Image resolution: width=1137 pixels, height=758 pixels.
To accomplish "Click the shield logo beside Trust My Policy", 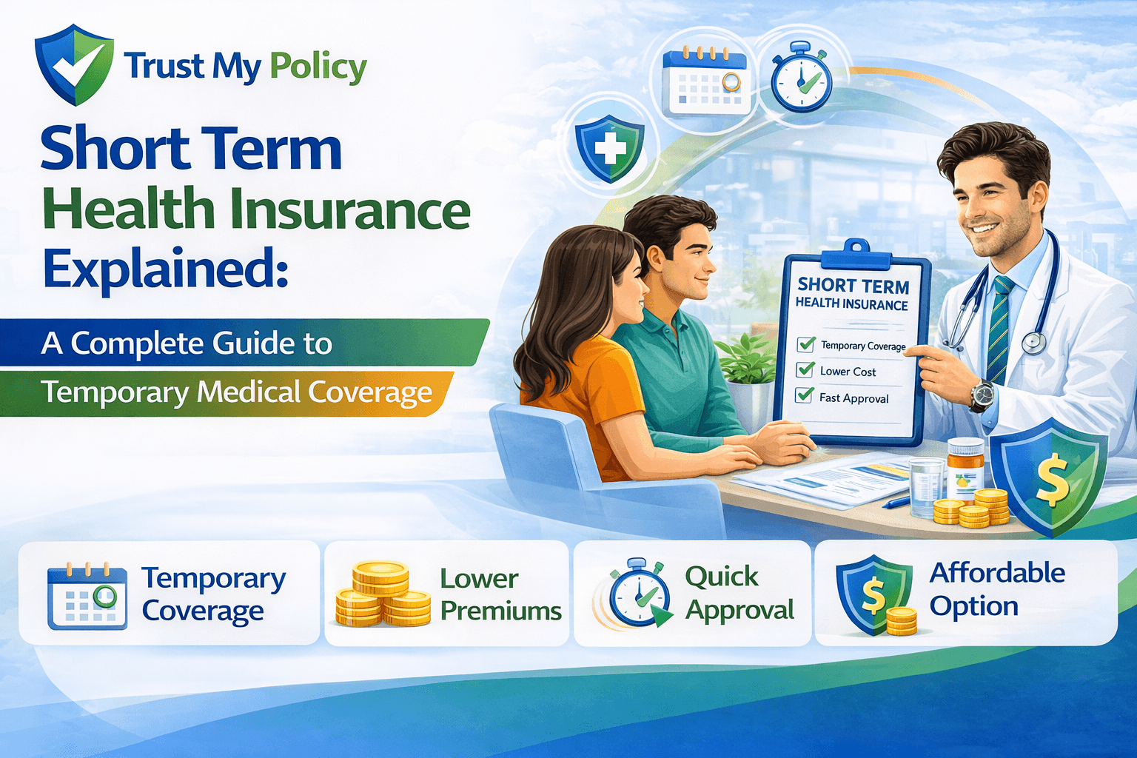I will tap(74, 64).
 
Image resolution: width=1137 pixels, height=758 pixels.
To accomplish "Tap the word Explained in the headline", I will tap(164, 269).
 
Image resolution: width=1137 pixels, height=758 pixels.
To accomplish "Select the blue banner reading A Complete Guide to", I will tap(187, 343).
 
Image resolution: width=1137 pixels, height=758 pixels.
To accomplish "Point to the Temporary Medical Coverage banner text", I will tap(236, 392).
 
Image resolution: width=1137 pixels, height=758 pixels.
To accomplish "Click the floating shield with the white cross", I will tap(609, 148).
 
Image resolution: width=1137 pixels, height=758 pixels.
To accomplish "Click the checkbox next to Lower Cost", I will tap(805, 369).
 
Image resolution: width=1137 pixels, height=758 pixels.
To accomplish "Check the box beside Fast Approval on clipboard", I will tap(805, 395).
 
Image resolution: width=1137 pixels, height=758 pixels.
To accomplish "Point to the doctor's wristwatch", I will tap(982, 395).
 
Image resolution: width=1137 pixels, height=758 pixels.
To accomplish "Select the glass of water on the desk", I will tap(926, 485).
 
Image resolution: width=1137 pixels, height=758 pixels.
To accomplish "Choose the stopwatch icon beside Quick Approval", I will tap(640, 594).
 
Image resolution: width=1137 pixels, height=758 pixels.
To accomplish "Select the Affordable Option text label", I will tap(996, 589).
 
